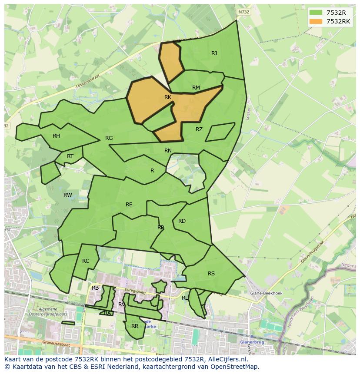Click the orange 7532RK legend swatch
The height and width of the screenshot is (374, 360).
(x=316, y=21)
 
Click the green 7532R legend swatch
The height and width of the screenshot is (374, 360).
(x=316, y=13)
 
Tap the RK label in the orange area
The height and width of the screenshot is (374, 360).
(x=168, y=97)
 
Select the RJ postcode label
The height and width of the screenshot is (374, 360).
(x=214, y=53)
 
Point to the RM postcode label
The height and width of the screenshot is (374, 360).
(x=196, y=88)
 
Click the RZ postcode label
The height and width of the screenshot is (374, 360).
(x=199, y=129)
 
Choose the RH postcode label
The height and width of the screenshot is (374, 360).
(x=56, y=136)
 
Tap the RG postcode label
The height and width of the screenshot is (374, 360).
(x=109, y=138)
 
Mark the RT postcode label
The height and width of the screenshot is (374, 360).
(x=70, y=156)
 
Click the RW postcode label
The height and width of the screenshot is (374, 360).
(x=68, y=195)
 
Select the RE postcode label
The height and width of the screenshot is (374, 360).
(x=129, y=205)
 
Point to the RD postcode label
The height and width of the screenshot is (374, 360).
(x=182, y=221)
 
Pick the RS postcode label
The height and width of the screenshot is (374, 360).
(x=211, y=274)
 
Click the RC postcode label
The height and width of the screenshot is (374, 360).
(x=86, y=261)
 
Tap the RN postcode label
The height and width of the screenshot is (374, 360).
(x=168, y=151)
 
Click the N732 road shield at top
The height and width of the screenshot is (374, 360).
(x=244, y=12)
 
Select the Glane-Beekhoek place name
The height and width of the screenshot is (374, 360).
(x=266, y=293)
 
